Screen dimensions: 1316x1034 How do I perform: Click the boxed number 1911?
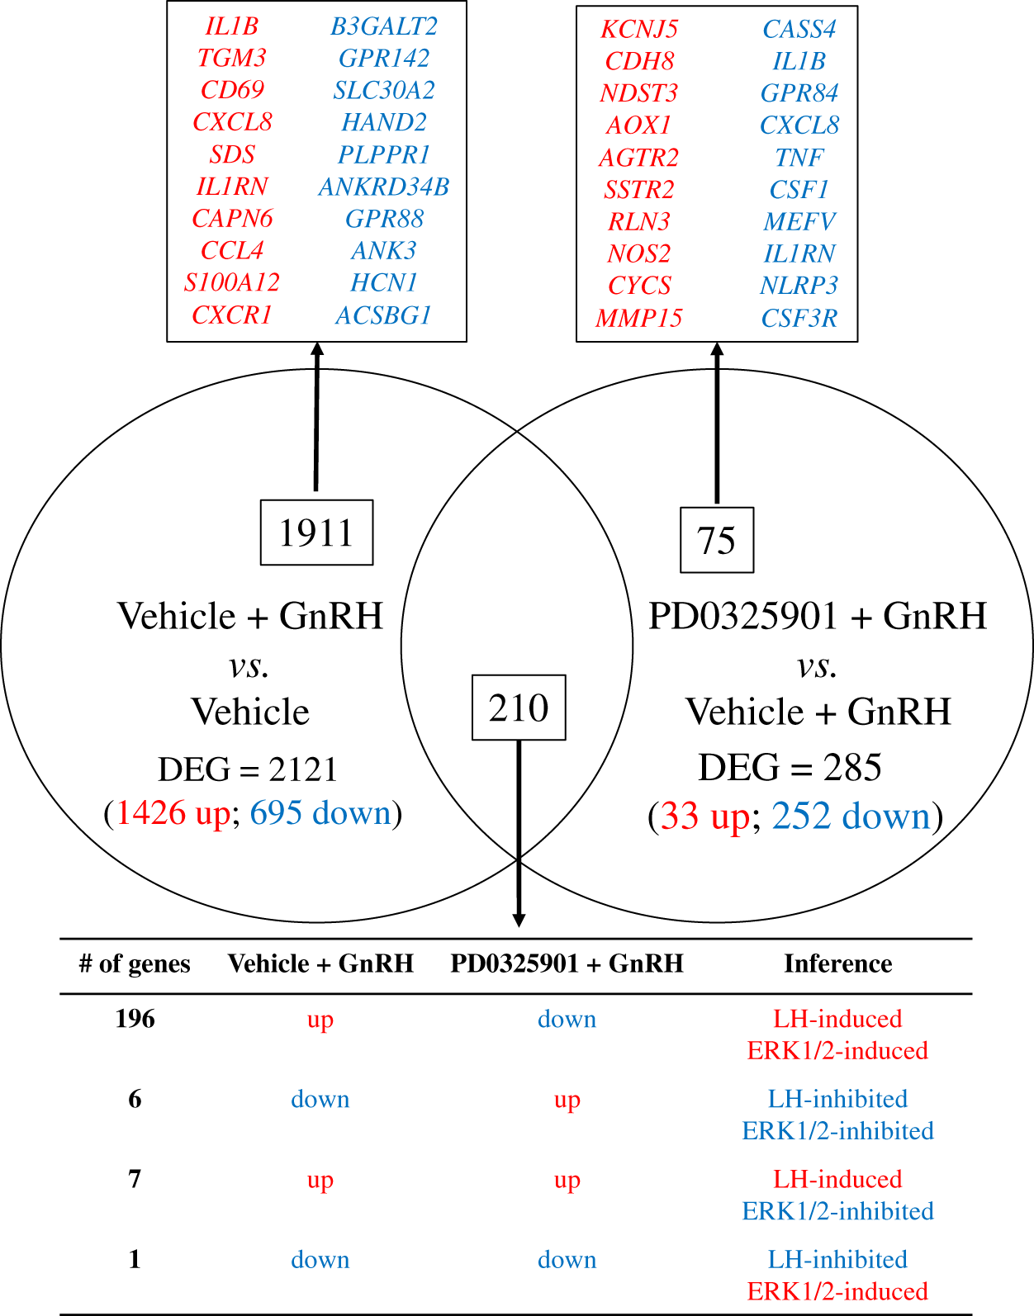[x=316, y=533]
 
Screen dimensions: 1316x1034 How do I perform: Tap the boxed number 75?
[x=716, y=541]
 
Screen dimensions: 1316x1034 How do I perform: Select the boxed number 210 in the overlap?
[x=519, y=708]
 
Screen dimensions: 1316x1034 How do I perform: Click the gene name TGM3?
[x=232, y=59]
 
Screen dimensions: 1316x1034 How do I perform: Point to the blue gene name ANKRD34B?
[x=384, y=187]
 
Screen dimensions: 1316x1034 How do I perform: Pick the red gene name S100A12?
[x=232, y=283]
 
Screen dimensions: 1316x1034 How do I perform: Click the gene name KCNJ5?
[x=639, y=30]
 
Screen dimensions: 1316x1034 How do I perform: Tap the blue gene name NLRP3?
[x=799, y=286]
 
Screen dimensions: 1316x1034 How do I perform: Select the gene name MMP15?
[x=639, y=318]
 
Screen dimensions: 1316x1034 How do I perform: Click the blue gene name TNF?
[x=799, y=158]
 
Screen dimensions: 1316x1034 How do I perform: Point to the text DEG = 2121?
[x=248, y=769]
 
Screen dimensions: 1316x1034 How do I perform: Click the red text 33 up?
[x=704, y=817]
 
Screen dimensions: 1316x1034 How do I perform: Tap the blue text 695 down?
[x=320, y=813]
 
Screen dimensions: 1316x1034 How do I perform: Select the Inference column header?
[x=837, y=963]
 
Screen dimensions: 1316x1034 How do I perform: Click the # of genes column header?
[x=135, y=963]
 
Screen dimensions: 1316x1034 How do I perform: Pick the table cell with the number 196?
[x=135, y=1019]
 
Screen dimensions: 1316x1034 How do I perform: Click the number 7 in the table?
[x=135, y=1179]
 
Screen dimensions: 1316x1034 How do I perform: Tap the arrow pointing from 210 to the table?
[x=519, y=834]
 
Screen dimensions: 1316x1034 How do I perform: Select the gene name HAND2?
[x=384, y=123]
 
